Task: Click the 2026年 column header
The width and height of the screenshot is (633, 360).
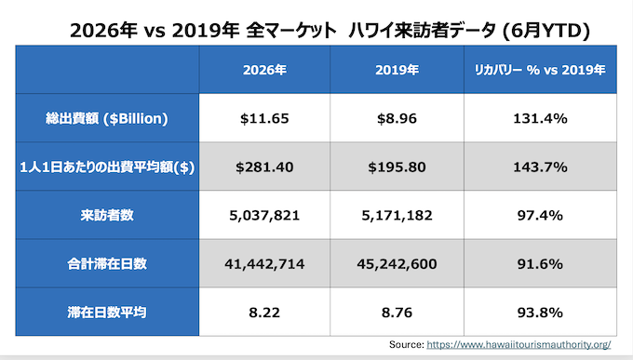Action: (x=264, y=70)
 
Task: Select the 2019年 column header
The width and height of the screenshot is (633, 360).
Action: (x=397, y=70)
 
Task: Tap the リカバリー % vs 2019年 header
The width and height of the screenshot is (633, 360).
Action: (x=540, y=70)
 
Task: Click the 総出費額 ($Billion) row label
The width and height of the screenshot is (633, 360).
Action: (x=107, y=119)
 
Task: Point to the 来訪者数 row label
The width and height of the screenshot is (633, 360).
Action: (x=107, y=216)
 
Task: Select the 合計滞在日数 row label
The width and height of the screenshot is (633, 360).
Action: (x=107, y=264)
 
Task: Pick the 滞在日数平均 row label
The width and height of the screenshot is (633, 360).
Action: (x=107, y=313)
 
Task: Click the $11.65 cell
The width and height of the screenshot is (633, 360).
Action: (x=264, y=119)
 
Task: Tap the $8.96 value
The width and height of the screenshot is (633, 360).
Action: (x=397, y=119)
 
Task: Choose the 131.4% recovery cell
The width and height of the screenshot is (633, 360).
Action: (x=540, y=119)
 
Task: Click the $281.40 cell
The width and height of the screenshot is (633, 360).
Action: (x=264, y=167)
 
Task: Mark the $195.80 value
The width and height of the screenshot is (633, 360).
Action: (x=397, y=167)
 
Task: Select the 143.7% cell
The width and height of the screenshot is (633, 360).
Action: (x=540, y=167)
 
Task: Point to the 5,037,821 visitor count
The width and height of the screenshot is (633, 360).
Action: (x=264, y=216)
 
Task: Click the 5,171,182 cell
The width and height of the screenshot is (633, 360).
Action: (x=397, y=216)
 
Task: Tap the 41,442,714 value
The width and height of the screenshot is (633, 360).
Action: (x=264, y=264)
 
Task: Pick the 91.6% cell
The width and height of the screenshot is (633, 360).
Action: (x=540, y=264)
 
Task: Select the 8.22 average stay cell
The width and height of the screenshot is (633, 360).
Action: (x=264, y=313)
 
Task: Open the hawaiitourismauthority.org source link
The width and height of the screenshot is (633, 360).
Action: (x=519, y=345)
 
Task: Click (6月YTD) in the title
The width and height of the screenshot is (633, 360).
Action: (x=546, y=31)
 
